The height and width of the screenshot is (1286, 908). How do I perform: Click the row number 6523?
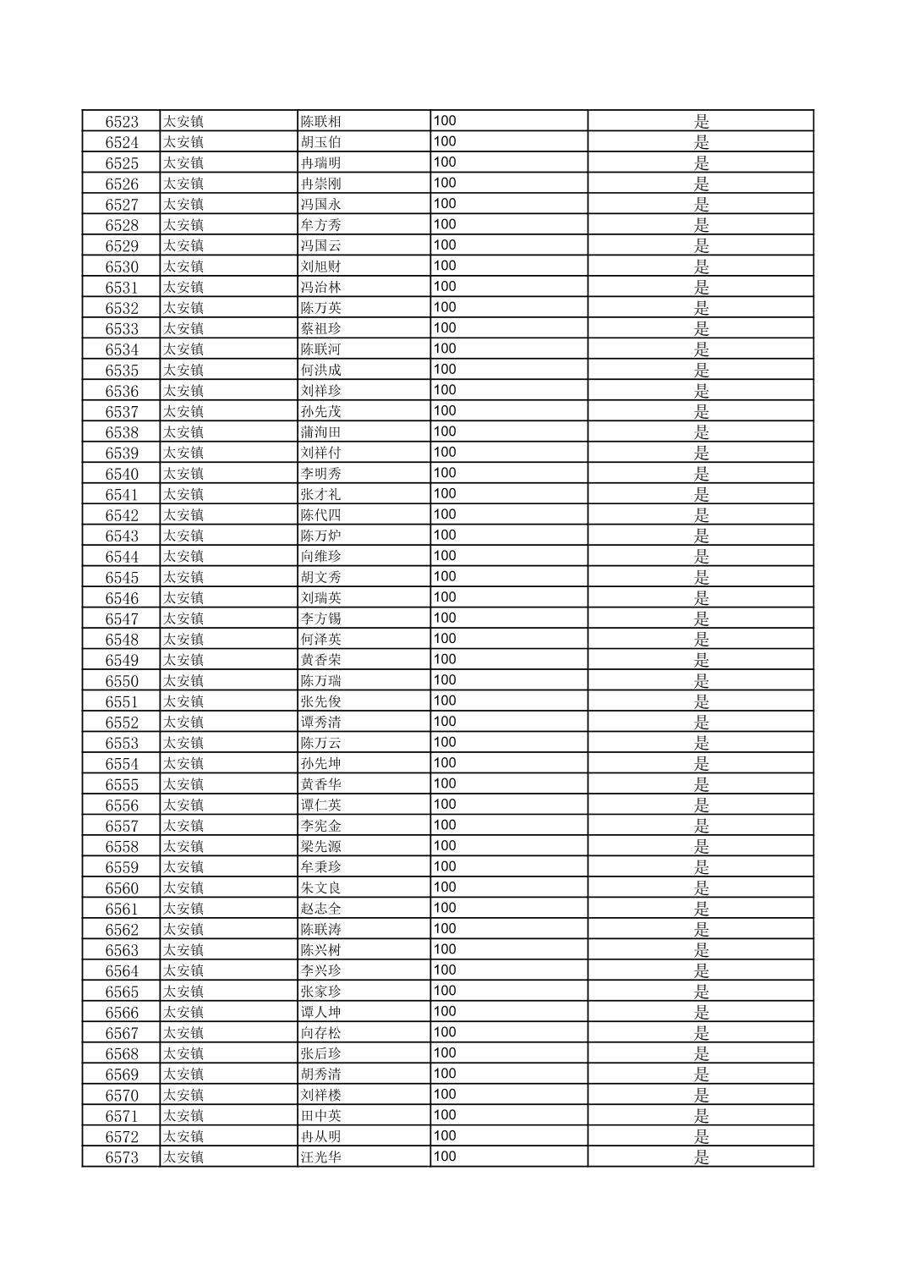pyautogui.click(x=122, y=122)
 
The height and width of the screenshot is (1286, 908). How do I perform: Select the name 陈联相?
pyautogui.click(x=321, y=122)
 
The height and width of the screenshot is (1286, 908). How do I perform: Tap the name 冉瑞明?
pyautogui.click(x=321, y=163)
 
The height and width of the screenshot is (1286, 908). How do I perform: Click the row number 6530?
pyautogui.click(x=122, y=267)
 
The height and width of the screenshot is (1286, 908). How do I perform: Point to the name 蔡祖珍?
pyautogui.click(x=321, y=329)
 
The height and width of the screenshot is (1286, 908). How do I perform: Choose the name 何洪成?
pyautogui.click(x=321, y=371)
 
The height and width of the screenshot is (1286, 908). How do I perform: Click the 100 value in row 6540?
pyautogui.click(x=445, y=473)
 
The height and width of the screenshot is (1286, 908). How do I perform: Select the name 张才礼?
pyautogui.click(x=321, y=495)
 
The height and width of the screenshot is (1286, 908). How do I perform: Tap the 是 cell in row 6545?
pyautogui.click(x=702, y=578)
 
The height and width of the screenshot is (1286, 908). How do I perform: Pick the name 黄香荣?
pyautogui.click(x=321, y=661)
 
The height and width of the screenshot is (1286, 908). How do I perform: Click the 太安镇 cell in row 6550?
pyautogui.click(x=183, y=681)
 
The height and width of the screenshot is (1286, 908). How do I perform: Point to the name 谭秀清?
pyautogui.click(x=321, y=723)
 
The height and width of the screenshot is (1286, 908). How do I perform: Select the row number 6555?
pyautogui.click(x=122, y=785)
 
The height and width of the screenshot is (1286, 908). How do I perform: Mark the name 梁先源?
pyautogui.click(x=321, y=847)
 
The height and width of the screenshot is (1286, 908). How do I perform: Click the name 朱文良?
pyautogui.click(x=321, y=888)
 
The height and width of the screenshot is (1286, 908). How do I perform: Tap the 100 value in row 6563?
pyautogui.click(x=445, y=949)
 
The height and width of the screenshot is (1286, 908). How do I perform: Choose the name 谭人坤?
pyautogui.click(x=321, y=1013)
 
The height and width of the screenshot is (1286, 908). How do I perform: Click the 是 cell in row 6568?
pyautogui.click(x=702, y=1054)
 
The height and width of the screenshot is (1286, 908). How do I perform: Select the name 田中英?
pyautogui.click(x=321, y=1116)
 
